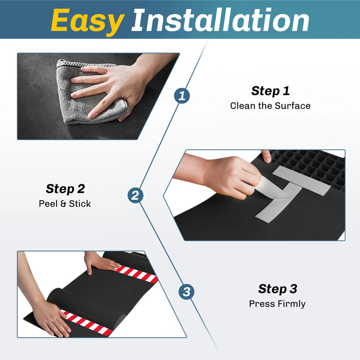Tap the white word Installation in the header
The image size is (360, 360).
coord(220,20)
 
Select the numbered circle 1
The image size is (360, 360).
coord(182,96)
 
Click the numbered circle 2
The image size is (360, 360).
coord(135,195)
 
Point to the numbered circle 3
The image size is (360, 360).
coord(186,292)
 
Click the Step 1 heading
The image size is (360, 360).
coord(270,91)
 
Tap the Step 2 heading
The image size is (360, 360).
coord(65,189)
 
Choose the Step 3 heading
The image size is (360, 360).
coord(278,289)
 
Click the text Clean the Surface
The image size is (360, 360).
coord(270,106)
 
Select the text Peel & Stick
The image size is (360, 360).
coord(65,204)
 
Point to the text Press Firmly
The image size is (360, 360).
coord(277,304)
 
